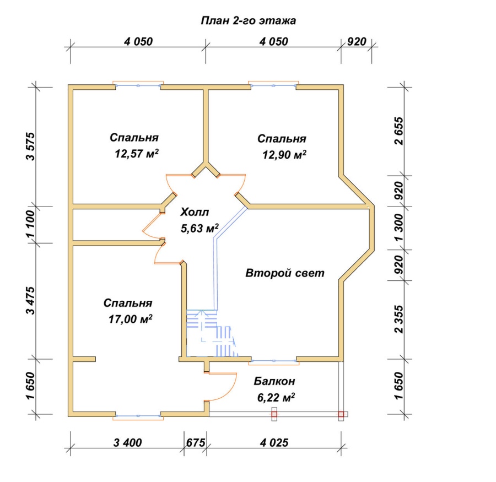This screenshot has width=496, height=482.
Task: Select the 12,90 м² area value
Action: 284,155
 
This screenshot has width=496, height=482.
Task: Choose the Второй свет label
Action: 285,273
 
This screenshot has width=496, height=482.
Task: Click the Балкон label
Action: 274,381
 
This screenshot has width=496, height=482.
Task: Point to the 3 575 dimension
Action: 31,146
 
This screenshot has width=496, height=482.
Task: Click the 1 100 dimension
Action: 31,225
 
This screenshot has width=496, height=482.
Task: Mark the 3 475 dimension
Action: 31,301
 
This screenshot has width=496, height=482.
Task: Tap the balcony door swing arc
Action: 226,388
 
